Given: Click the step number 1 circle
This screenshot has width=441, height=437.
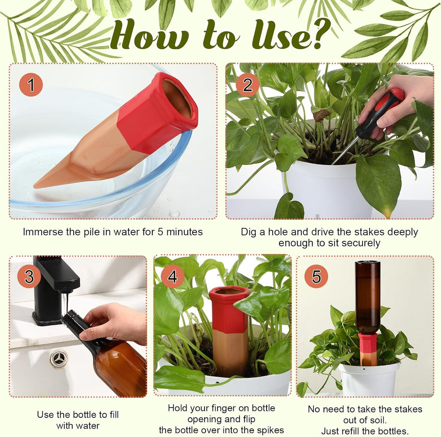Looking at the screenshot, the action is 31,85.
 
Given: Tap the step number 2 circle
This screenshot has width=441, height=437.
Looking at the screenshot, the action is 247,85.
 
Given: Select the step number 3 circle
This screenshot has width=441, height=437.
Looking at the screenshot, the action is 29,276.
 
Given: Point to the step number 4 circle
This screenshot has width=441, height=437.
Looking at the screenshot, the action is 173,276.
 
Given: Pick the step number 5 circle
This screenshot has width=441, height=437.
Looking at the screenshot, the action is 316,276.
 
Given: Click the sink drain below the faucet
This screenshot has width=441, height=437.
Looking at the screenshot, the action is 59,358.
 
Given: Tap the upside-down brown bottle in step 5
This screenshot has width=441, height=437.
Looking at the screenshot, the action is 367,297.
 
